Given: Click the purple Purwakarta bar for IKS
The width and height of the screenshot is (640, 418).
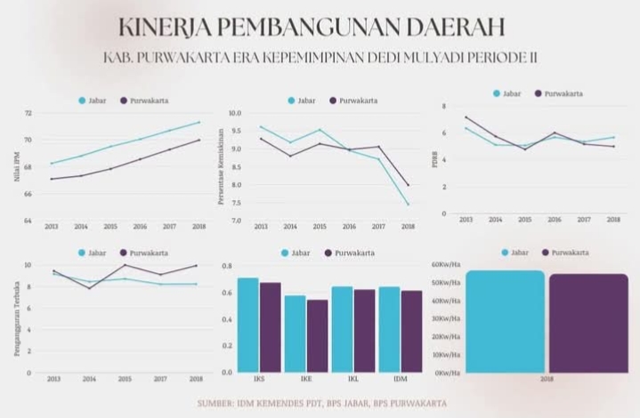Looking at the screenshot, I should point(270,326).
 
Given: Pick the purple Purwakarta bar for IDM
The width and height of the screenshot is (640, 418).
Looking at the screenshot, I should point(410,330).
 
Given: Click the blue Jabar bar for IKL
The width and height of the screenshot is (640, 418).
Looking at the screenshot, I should point(342,328).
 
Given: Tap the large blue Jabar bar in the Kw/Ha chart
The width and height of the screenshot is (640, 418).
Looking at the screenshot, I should point(504,321).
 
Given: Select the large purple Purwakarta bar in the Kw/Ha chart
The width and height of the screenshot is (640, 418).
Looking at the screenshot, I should point(587,323).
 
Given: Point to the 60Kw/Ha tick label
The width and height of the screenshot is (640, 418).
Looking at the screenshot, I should point(445,264).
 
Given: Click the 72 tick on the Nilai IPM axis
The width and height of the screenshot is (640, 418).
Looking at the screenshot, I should point(28,114).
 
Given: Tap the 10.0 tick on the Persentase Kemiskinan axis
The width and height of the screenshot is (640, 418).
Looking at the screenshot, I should point(235,114).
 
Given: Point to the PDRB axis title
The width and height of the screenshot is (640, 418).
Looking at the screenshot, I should point(433,160).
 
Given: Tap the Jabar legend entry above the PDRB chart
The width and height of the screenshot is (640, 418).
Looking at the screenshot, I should point(506,92).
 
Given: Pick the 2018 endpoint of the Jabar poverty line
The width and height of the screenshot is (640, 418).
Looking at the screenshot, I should point(408,205).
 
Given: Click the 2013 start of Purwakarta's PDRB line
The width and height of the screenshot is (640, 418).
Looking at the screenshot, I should point(466,117).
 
